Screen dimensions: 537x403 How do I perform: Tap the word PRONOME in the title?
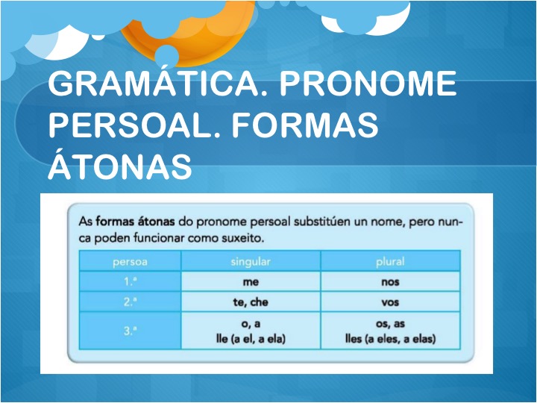pos(368,84)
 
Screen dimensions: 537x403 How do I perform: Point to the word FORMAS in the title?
pos(305,125)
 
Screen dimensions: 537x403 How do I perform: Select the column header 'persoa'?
pos(130,262)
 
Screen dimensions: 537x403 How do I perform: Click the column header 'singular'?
pos(251,262)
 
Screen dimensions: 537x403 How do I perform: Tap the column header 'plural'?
pos(390,262)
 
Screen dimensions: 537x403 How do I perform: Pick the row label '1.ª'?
pos(130,281)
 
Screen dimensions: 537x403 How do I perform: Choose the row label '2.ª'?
pos(130,302)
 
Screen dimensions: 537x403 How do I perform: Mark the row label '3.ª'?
pos(130,331)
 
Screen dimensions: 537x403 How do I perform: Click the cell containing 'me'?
pos(251,282)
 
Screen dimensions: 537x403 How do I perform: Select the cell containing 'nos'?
pos(390,282)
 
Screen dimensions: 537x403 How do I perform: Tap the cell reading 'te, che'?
pos(251,302)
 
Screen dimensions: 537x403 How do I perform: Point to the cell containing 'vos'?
pos(390,302)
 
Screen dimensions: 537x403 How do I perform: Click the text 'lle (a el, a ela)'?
pos(251,339)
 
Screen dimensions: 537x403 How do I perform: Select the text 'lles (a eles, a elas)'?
pos(390,339)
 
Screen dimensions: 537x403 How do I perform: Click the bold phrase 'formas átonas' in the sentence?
pos(135,222)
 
